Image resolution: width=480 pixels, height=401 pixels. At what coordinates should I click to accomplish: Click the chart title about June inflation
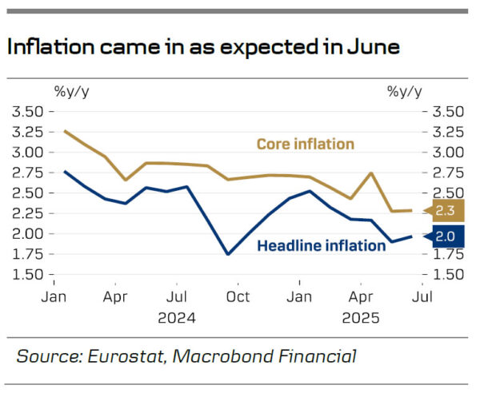(x=202, y=46)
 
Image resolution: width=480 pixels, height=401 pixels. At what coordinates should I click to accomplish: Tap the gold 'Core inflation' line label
(x=305, y=144)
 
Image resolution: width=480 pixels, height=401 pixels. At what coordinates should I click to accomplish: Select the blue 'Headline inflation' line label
(x=321, y=245)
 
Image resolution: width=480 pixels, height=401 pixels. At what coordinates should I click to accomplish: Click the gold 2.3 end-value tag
(x=446, y=212)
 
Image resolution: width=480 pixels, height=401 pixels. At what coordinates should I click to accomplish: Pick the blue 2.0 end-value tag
(x=446, y=236)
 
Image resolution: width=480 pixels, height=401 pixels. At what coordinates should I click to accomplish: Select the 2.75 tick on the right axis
(x=447, y=172)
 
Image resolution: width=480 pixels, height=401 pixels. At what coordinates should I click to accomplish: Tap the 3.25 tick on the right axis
(x=447, y=131)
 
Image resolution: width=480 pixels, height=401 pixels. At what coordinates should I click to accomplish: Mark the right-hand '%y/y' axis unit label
(x=405, y=90)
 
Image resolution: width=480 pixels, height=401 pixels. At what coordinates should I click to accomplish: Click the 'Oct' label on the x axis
(x=238, y=296)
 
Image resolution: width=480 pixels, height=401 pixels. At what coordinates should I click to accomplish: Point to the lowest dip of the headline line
(x=228, y=254)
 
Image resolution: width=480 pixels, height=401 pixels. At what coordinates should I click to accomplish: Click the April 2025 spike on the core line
(x=371, y=173)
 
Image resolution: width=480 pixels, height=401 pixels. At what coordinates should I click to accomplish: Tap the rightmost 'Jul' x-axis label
(x=421, y=296)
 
